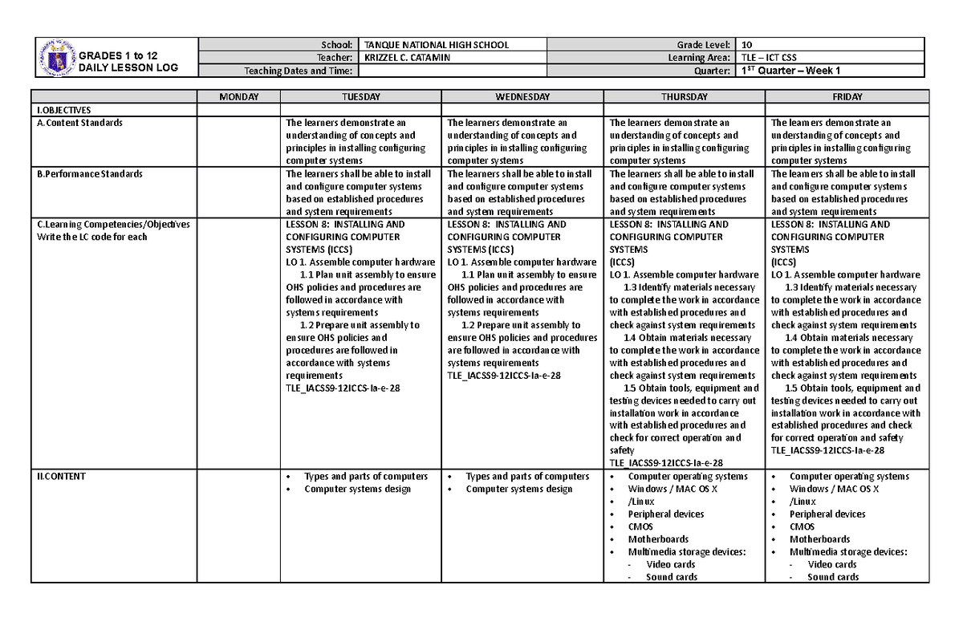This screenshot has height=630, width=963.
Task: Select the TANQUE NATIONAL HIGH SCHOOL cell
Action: click(x=436, y=45)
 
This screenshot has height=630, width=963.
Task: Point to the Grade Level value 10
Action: click(x=748, y=45)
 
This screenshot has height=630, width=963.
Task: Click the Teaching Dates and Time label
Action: click(x=299, y=71)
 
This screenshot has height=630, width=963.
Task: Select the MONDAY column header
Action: click(x=238, y=96)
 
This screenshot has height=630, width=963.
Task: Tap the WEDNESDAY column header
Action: click(x=522, y=96)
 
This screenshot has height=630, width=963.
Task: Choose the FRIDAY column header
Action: click(x=847, y=96)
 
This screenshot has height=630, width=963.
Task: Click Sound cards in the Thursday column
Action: click(x=671, y=577)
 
